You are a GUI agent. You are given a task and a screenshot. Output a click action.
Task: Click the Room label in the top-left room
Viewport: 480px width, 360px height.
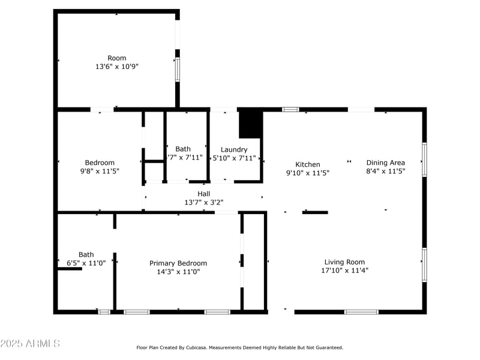tap(117, 58)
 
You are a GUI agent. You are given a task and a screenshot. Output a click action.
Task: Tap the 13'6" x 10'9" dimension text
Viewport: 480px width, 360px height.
tap(117, 67)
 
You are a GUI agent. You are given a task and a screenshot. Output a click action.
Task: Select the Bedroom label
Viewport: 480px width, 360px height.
tap(100, 163)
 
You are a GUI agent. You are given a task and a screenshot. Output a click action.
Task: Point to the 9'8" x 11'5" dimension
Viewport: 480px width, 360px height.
tap(100, 171)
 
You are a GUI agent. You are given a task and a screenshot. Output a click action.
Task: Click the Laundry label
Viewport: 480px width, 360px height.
tap(234, 150)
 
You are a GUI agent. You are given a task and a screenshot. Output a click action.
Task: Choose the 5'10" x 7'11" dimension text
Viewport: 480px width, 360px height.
tap(235, 158)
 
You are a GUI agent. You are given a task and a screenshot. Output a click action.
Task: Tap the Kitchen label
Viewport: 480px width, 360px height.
tap(308, 164)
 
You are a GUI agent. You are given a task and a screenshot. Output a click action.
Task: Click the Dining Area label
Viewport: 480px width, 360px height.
tap(386, 163)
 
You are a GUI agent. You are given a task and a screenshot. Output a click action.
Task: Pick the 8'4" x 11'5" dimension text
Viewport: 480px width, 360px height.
tap(386, 171)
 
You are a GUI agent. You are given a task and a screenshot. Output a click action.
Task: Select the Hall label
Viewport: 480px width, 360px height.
tap(204, 194)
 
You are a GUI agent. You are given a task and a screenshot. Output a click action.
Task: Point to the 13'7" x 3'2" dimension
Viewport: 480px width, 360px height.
tap(204, 202)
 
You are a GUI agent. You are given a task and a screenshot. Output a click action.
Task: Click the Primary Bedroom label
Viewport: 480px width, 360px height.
tap(178, 263)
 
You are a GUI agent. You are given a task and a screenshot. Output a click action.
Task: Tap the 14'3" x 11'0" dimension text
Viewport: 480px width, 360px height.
tap(178, 272)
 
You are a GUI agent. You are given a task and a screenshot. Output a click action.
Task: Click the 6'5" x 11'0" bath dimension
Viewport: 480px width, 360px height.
tap(86, 263)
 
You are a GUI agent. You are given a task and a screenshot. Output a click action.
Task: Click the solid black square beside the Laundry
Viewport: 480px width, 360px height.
tap(251, 124)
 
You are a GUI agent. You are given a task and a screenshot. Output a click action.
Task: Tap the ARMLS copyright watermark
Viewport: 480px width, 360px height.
tap(30, 344)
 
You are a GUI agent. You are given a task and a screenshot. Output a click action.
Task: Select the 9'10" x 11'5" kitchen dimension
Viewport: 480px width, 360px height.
tap(308, 173)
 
